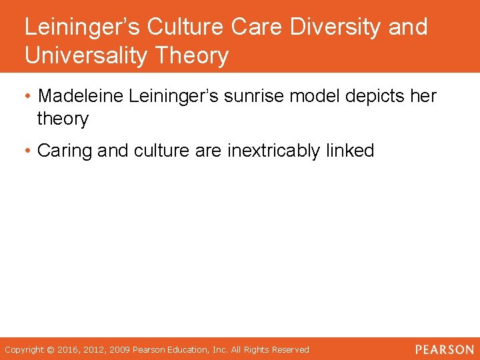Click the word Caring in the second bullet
[65, 151]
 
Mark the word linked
[351, 151]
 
